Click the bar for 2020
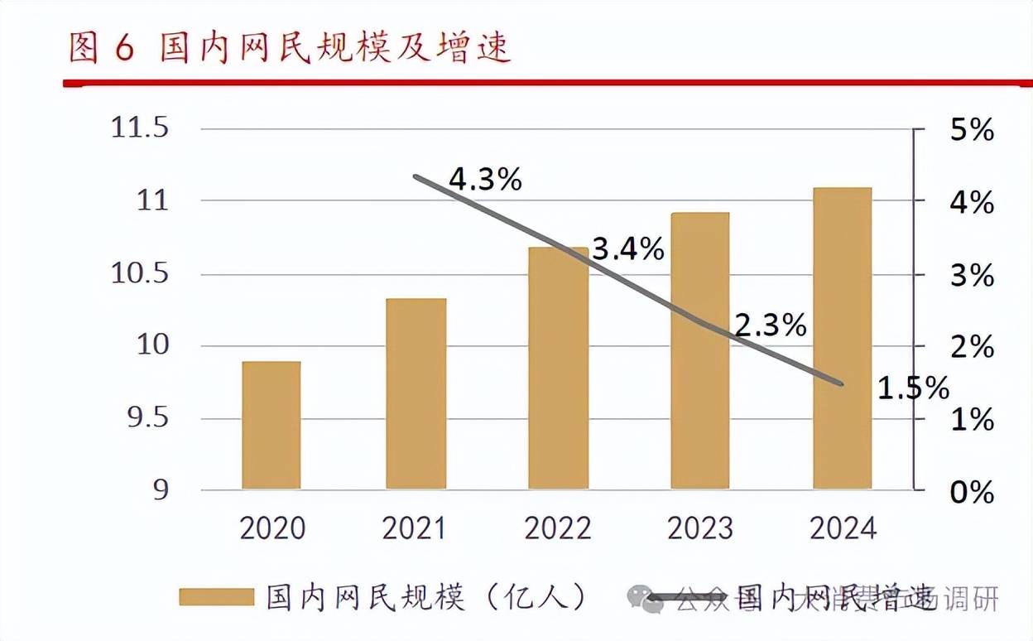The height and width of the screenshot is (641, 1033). pyautogui.click(x=271, y=425)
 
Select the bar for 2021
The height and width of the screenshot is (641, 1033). pyautogui.click(x=416, y=393)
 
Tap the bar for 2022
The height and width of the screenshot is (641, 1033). pyautogui.click(x=558, y=368)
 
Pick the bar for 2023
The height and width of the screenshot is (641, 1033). pyautogui.click(x=700, y=350)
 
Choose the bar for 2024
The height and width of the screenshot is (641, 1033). pyautogui.click(x=843, y=338)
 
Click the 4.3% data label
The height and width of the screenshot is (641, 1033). pyautogui.click(x=485, y=179)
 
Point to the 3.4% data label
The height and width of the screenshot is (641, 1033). pyautogui.click(x=628, y=248)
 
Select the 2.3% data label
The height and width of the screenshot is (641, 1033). pyautogui.click(x=771, y=325)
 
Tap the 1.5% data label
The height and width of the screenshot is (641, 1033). pyautogui.click(x=913, y=388)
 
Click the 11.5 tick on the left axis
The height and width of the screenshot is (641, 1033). pyautogui.click(x=139, y=128)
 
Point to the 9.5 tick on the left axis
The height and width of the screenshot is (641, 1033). pyautogui.click(x=147, y=418)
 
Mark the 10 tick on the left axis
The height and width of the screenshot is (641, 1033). pyautogui.click(x=151, y=346)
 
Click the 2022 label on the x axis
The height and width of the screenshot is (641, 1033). pyautogui.click(x=558, y=528)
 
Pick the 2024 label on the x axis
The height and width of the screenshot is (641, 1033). pyautogui.click(x=843, y=528)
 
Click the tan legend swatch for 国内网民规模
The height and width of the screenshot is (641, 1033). pyautogui.click(x=216, y=596)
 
